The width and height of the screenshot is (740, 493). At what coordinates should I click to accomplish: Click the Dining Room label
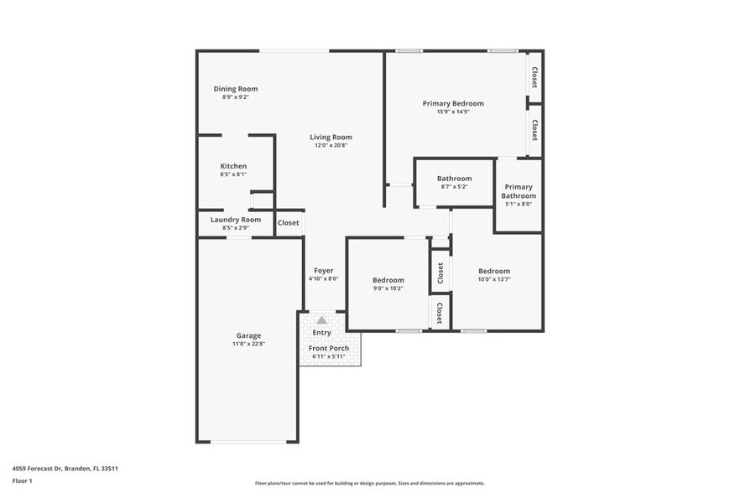(x=235, y=89)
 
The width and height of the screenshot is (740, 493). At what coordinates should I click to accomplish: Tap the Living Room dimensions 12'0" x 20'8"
(x=331, y=145)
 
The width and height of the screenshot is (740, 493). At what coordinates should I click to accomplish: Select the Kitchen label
(x=233, y=166)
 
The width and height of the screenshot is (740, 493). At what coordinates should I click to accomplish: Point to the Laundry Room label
(x=235, y=220)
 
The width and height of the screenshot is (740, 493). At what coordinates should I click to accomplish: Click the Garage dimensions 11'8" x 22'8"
(x=248, y=343)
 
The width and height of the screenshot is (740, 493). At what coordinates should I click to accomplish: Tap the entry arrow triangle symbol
(x=321, y=320)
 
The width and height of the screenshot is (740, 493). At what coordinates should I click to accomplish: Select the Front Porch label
(x=329, y=348)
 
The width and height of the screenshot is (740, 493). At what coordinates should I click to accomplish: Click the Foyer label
(x=323, y=271)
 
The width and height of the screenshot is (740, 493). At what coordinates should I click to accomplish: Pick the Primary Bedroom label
(x=452, y=103)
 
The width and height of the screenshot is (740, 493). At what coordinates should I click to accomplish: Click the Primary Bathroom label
(x=518, y=191)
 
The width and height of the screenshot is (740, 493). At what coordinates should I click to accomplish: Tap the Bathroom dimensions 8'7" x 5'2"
(x=454, y=186)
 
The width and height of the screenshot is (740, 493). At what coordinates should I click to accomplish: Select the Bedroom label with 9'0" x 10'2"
(x=388, y=280)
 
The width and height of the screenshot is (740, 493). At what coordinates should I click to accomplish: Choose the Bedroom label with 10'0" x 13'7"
(x=493, y=271)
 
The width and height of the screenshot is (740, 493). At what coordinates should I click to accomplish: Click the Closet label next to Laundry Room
(x=288, y=222)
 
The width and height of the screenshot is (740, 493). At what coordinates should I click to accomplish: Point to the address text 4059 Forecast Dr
(x=65, y=469)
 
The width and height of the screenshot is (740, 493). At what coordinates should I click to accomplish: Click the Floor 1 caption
(x=22, y=480)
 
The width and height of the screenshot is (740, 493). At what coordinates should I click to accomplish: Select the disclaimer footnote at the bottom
(x=369, y=483)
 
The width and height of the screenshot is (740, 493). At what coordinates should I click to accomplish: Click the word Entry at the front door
(x=321, y=333)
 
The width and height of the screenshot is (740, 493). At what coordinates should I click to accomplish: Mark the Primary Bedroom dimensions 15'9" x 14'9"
(x=452, y=112)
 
